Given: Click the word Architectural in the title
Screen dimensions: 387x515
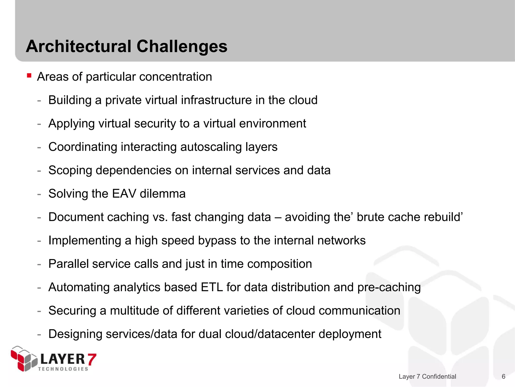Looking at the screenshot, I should tap(79, 46).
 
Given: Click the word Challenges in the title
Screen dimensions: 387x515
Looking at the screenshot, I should tap(182, 46).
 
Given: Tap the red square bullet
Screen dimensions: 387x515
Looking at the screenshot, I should tap(29, 75).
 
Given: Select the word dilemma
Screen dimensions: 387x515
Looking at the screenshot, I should tap(162, 194).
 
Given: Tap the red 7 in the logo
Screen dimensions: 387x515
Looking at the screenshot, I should tap(92, 359).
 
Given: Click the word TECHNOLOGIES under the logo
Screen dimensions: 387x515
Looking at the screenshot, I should tap(63, 369).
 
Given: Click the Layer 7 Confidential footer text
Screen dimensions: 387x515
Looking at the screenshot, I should tap(427, 376).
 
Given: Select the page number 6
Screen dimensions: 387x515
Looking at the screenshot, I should tap(503, 376).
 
